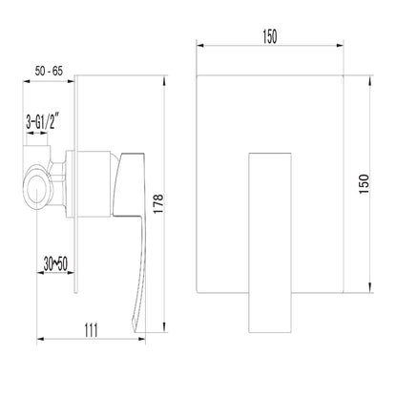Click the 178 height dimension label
click(158, 203)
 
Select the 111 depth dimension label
click(92, 330)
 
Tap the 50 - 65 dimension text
click(49, 71)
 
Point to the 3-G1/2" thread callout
click(43, 121)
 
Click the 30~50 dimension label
click(55, 264)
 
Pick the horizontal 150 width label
click(270, 36)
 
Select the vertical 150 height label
click(364, 184)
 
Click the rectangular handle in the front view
click(270, 243)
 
